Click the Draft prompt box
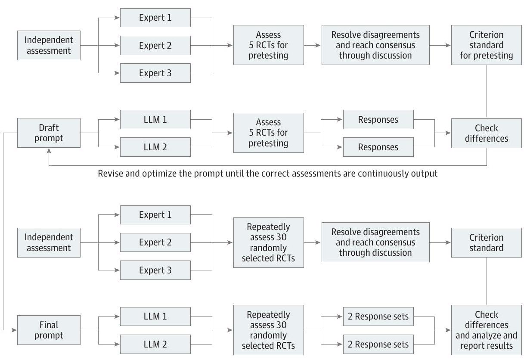pyautogui.click(x=49, y=133)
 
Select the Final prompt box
pyautogui.click(x=49, y=330)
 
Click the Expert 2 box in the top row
pyautogui.click(x=155, y=45)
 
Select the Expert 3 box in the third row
pyautogui.click(x=155, y=270)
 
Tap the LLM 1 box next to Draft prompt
pyautogui.click(x=155, y=119)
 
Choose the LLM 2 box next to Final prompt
pyautogui.click(x=155, y=344)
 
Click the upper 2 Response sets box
pyautogui.click(x=378, y=317)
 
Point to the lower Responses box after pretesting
pyautogui.click(x=378, y=147)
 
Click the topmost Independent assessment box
pyautogui.click(x=49, y=45)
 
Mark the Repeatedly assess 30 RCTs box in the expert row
pyautogui.click(x=268, y=242)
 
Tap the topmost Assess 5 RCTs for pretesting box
pyautogui.click(x=268, y=45)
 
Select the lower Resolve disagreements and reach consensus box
pyautogui.click(x=375, y=242)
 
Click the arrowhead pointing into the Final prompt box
pyautogui.click(x=15, y=330)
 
